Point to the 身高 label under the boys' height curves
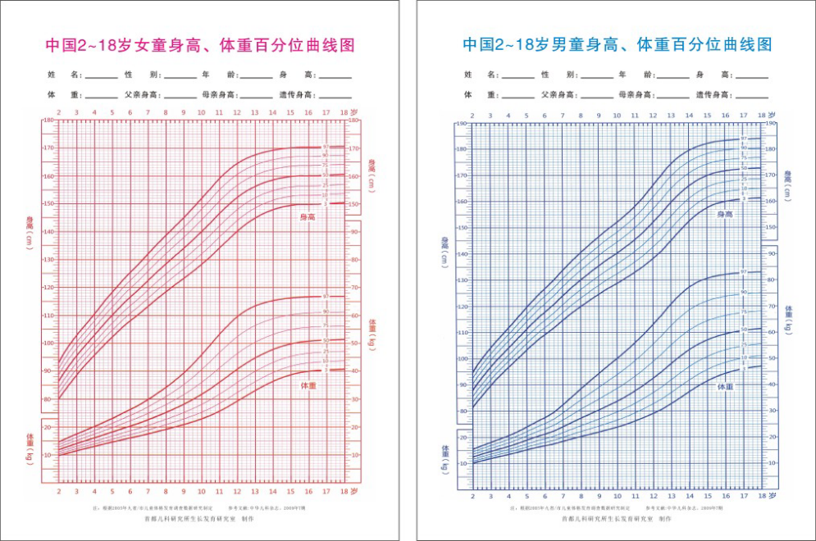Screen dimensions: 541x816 pyautogui.click(x=725, y=214)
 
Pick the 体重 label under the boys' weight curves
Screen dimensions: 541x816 pyautogui.click(x=725, y=385)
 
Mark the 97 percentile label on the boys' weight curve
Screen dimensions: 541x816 pyautogui.click(x=744, y=272)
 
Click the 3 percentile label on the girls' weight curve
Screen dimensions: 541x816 pyautogui.click(x=325, y=371)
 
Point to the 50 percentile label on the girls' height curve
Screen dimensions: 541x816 pyautogui.click(x=325, y=175)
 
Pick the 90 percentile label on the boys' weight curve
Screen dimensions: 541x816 pyautogui.click(x=744, y=292)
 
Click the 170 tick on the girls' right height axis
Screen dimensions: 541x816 pyautogui.click(x=355, y=148)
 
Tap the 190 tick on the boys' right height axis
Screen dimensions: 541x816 pyautogui.click(x=771, y=124)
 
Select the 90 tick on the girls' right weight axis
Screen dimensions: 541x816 pyautogui.click(x=354, y=231)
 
